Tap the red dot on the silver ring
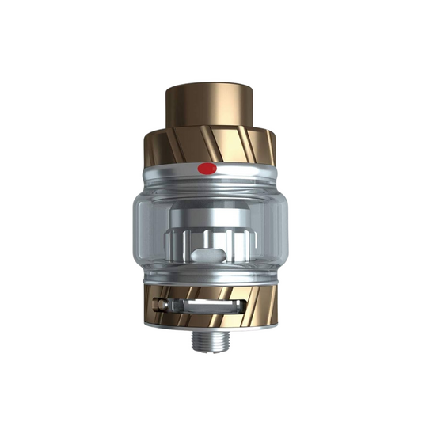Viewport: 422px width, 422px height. [207, 168]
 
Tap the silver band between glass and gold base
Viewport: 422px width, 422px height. [211, 279]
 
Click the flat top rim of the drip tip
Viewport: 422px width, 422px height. [210, 82]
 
